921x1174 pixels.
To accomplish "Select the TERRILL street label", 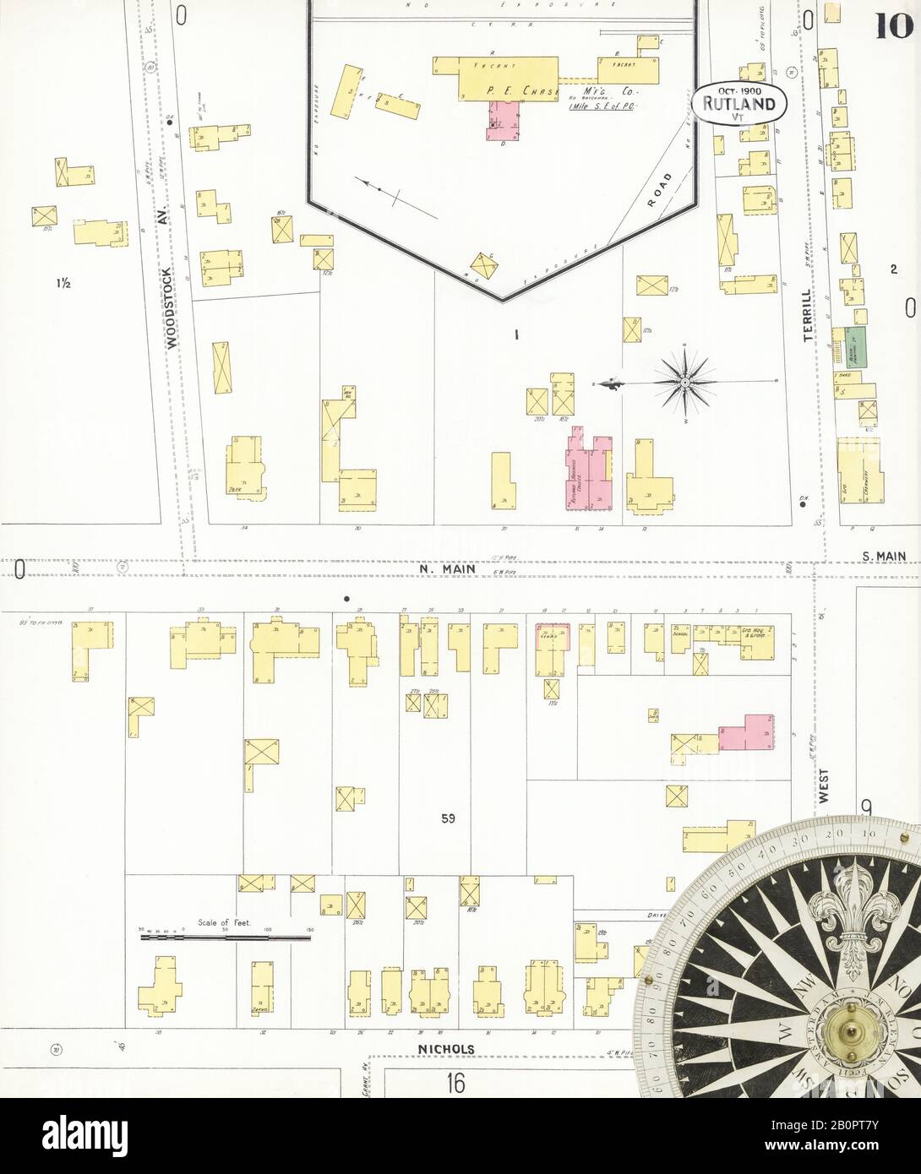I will pyautogui.click(x=809, y=313).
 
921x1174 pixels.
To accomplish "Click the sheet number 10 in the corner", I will pyautogui.click(x=894, y=28).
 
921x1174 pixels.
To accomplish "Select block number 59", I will pyautogui.click(x=447, y=818).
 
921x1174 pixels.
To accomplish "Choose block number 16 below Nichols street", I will pyautogui.click(x=456, y=1082).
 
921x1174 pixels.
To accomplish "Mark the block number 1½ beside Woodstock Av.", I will pyautogui.click(x=63, y=284).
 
